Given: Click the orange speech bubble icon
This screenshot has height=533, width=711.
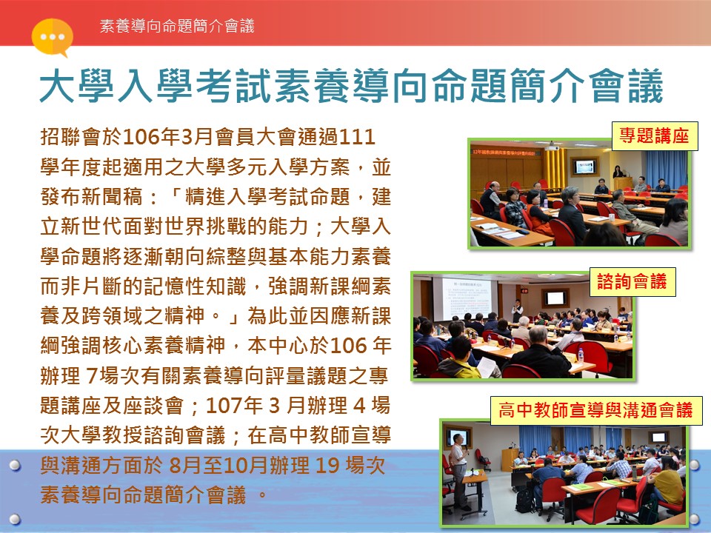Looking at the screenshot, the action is point(52,37).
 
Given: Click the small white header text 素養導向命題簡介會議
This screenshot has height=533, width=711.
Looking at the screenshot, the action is point(177,26).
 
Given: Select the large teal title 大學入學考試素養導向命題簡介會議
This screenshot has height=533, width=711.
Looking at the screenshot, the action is point(351,85).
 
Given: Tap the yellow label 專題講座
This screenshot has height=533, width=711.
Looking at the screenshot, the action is point(654,135).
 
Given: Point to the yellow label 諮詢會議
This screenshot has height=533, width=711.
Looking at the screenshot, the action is point(632,281).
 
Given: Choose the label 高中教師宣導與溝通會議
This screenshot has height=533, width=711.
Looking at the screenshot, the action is point(595,409).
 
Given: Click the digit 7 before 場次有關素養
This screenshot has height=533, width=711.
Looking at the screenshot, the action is point(91,376).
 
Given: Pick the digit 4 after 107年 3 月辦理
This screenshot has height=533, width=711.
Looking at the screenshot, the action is point(358,405).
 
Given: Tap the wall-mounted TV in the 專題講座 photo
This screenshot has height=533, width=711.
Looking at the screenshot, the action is point(584,167).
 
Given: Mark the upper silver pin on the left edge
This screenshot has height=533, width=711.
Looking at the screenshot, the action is point(15,465).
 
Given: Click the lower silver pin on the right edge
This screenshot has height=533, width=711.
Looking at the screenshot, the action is point(695,518).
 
